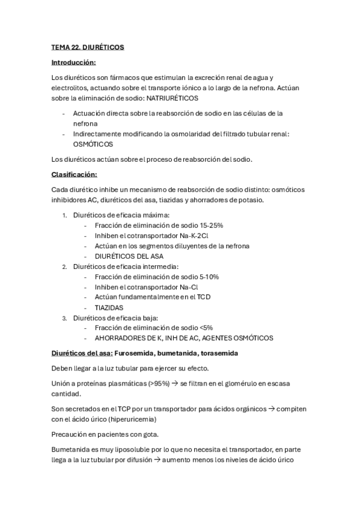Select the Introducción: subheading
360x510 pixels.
(73, 62)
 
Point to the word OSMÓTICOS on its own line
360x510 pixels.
(93, 144)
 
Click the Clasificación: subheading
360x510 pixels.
(75, 174)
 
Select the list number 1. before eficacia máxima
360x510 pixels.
(65, 215)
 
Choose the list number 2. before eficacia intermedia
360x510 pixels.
(65, 266)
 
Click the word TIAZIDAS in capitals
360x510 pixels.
(109, 307)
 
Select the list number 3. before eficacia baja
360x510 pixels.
(65, 317)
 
